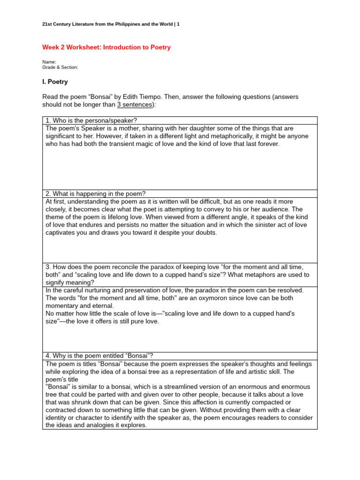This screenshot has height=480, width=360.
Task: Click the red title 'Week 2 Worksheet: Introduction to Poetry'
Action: (x=106, y=47)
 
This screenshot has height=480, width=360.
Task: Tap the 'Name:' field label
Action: (x=49, y=62)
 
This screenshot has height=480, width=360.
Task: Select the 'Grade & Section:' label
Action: (x=60, y=67)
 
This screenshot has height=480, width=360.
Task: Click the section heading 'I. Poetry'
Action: (x=55, y=82)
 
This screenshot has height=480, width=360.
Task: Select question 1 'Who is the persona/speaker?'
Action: (x=91, y=120)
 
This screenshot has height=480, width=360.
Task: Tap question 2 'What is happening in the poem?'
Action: (x=96, y=194)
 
